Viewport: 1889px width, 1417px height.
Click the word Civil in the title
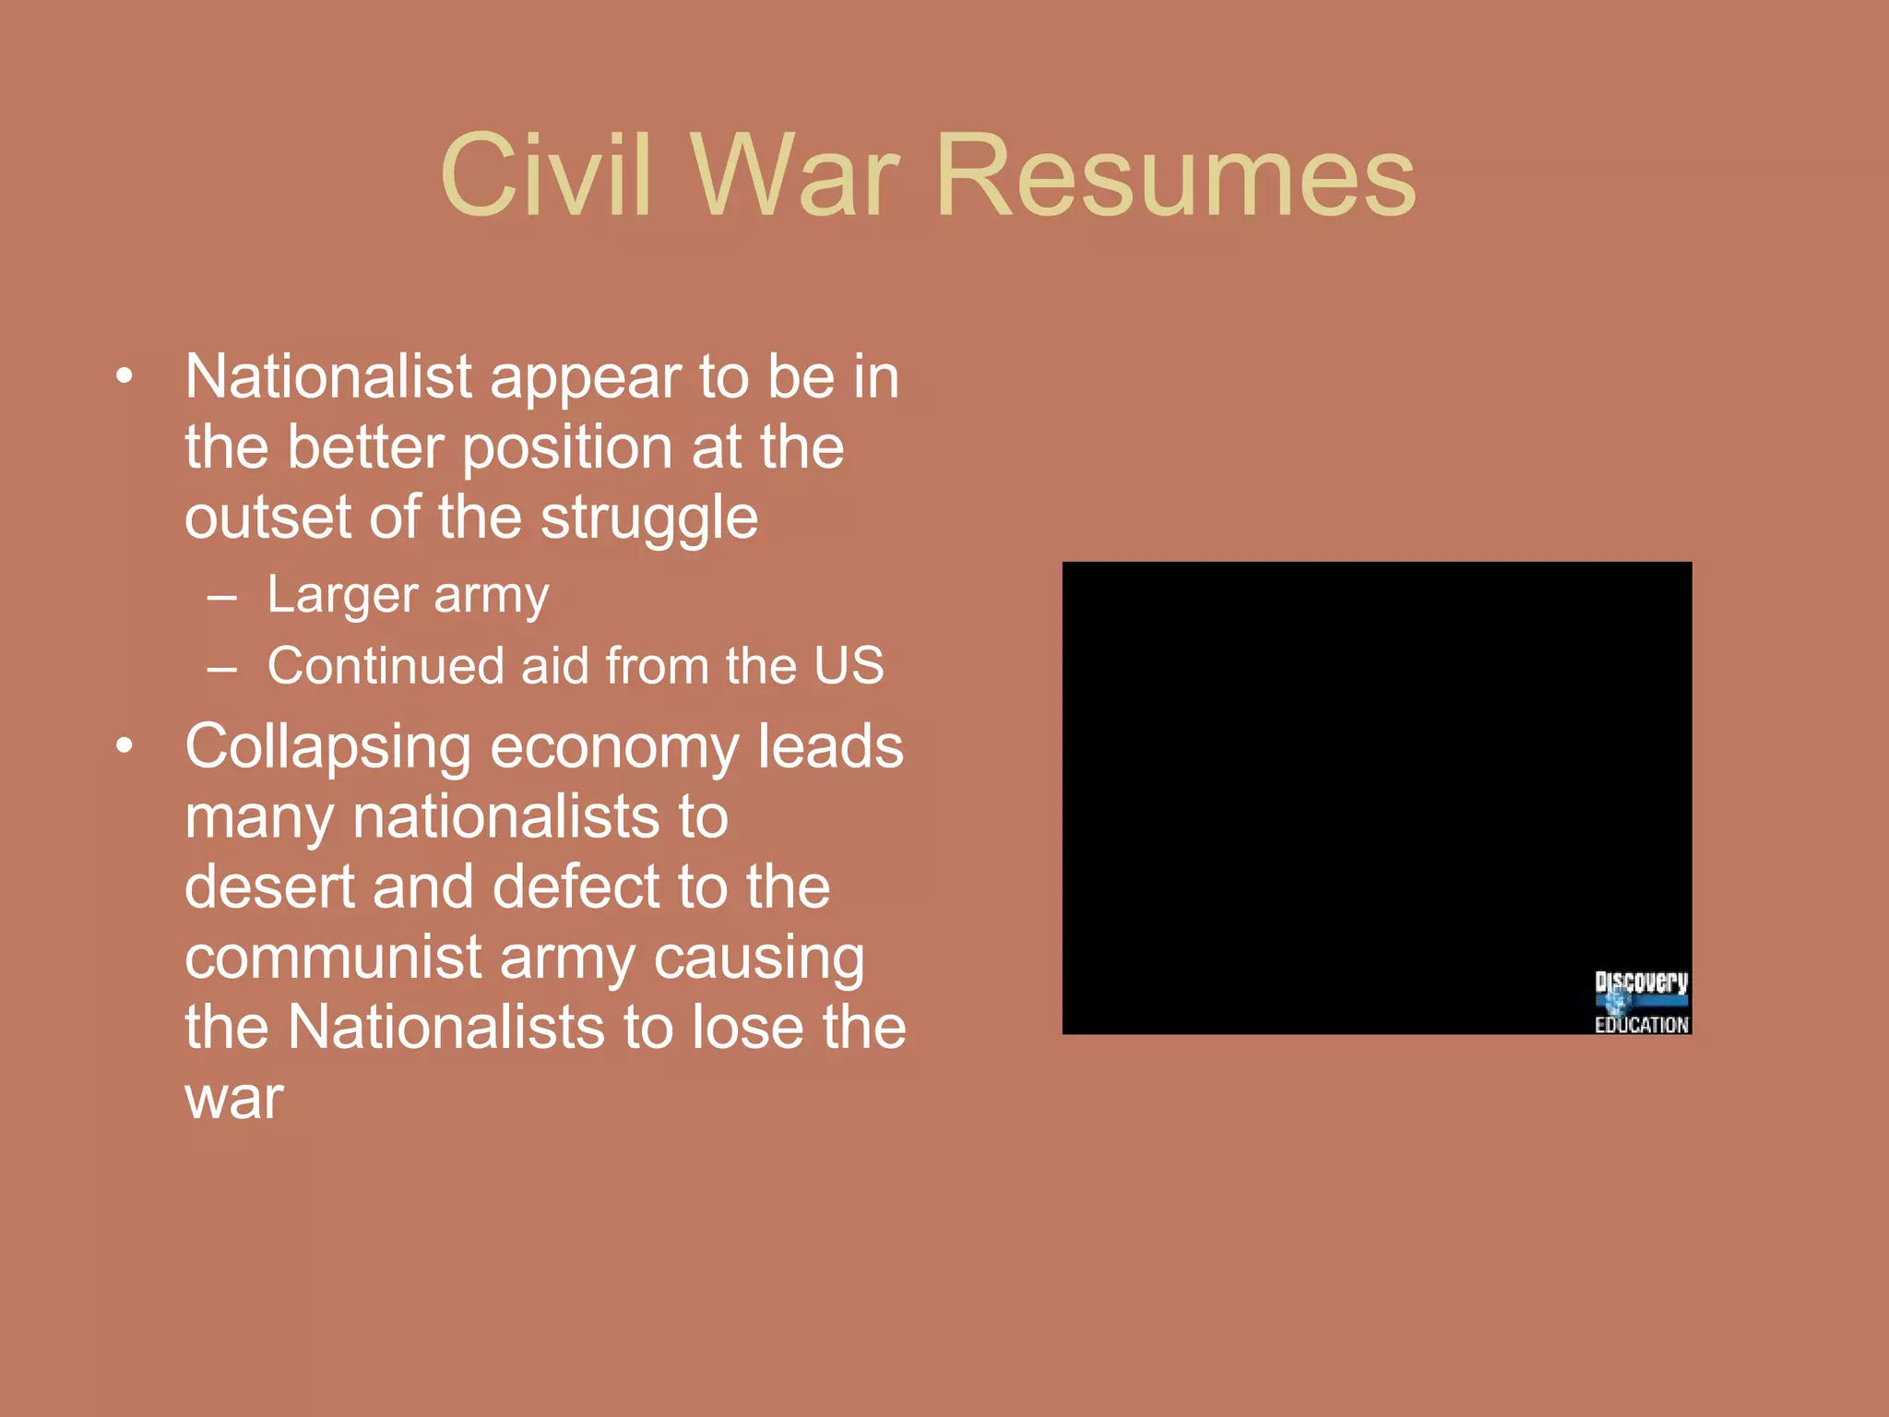546,175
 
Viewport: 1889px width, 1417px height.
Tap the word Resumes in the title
1175,175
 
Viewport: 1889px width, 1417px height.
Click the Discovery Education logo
1641,1002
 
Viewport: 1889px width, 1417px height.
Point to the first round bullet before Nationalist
125,376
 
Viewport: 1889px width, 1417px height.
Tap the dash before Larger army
222,597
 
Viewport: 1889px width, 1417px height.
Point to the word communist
333,957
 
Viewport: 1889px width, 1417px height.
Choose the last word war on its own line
234,1099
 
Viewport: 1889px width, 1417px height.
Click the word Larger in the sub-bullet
342,595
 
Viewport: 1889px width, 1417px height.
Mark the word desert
270,887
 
